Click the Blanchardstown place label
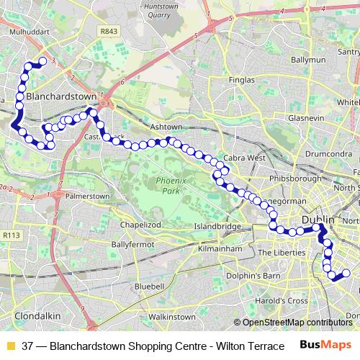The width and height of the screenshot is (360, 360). pyautogui.click(x=60, y=95)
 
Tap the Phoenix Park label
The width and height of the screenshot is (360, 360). pyautogui.click(x=170, y=186)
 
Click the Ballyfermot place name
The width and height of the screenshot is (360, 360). pyautogui.click(x=130, y=245)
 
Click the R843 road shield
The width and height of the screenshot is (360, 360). pyautogui.click(x=109, y=32)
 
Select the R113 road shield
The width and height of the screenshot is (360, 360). pyautogui.click(x=11, y=235)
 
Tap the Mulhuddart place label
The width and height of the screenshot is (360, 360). pyautogui.click(x=27, y=32)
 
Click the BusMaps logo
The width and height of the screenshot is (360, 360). pyautogui.click(x=325, y=345)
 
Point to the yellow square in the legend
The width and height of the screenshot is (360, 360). pyautogui.click(x=10, y=346)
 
